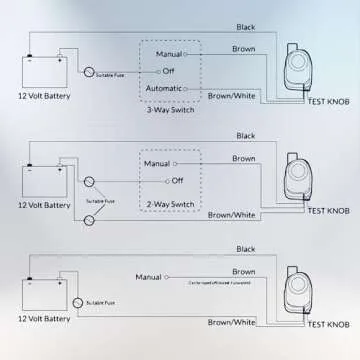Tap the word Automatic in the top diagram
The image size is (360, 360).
click(165, 89)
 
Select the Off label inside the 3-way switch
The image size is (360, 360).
click(167, 69)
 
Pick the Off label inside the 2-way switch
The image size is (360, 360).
click(177, 180)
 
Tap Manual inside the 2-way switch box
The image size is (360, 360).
click(157, 162)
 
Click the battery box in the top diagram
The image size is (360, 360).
click(43, 73)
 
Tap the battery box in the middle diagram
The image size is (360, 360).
click(43, 181)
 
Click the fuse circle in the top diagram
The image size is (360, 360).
click(87, 71)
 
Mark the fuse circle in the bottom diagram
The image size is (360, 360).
click(77, 300)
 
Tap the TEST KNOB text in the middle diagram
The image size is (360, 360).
click(330, 211)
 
